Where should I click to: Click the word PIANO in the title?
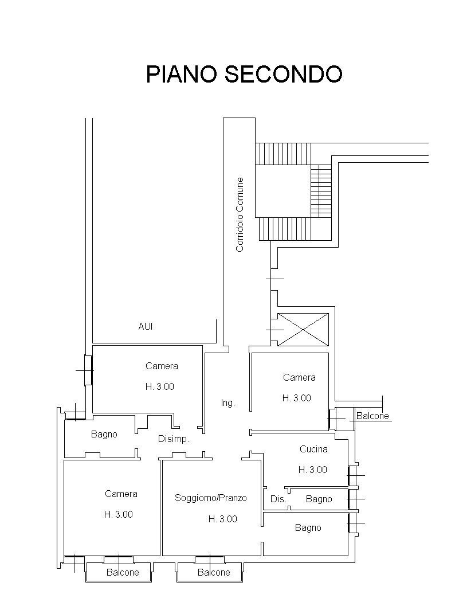[x=181, y=75]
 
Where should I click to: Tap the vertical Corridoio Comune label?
[x=240, y=214]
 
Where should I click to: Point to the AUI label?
[x=146, y=326]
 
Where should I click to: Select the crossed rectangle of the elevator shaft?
[x=303, y=330]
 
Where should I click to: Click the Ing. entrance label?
[x=227, y=403]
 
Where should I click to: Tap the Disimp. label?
[x=173, y=439]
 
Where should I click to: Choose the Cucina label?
[x=313, y=449]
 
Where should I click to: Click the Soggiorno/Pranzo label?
[x=211, y=498]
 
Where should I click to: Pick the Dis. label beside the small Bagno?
[x=278, y=499]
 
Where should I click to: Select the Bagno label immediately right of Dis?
[x=319, y=499]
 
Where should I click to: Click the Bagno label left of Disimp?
[x=104, y=435]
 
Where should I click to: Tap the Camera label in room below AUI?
[x=162, y=366]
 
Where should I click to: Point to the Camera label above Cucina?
[x=299, y=377]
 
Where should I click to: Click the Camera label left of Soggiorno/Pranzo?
[x=121, y=494]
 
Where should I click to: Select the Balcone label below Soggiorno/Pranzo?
[x=213, y=572]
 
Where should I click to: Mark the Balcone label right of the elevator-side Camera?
[x=372, y=416]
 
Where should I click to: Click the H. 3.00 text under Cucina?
[x=313, y=470]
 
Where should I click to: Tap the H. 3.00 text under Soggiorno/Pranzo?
[x=222, y=519]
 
